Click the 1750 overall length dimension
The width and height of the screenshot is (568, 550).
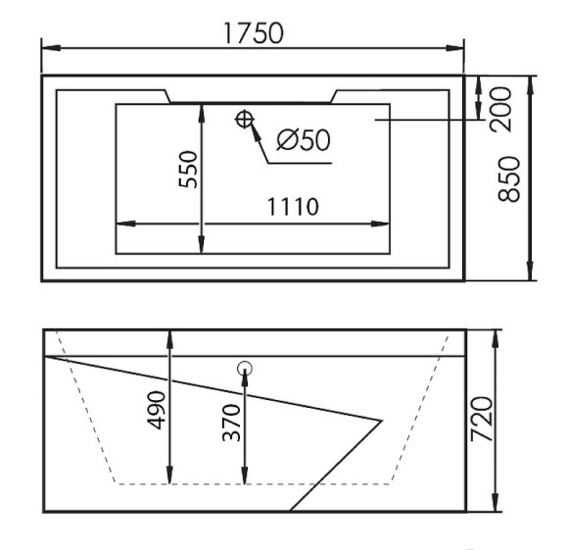tap(254, 33)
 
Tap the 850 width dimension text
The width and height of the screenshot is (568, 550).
tap(509, 178)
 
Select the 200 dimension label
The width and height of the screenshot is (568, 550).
tap(500, 109)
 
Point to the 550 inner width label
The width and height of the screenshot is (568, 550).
tap(188, 170)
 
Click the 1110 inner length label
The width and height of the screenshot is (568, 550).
tap(293, 207)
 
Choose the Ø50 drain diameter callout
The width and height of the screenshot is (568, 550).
tap(304, 139)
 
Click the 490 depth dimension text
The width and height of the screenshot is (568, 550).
tap(156, 410)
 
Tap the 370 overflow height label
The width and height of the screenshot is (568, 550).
tap(232, 423)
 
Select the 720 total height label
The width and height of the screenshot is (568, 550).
tap(482, 419)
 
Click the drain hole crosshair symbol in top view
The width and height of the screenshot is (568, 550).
tap(244, 120)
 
